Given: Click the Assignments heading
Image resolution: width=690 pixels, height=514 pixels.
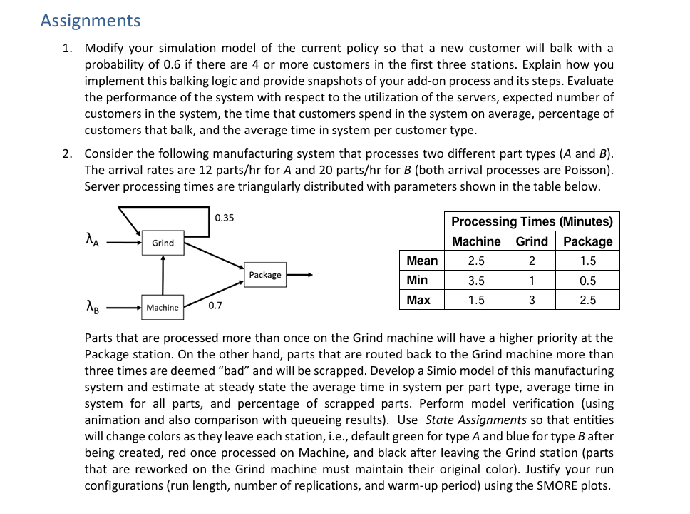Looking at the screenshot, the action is point(91,21).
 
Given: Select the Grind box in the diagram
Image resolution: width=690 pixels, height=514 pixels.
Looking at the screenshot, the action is point(163,243).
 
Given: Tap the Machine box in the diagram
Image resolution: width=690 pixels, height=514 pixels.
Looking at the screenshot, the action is point(163,308).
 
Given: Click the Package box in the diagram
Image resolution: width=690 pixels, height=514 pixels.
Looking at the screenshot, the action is point(265,275).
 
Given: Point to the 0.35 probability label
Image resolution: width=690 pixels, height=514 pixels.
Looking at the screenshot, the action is point(225,218).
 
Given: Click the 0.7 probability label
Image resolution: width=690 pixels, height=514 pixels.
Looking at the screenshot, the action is point(215,306).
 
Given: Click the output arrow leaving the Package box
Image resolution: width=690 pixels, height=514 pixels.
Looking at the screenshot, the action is point(299,275).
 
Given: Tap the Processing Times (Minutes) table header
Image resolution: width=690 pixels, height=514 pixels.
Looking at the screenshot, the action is point(532,221).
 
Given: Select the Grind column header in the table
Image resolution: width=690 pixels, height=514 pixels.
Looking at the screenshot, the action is point(532,241).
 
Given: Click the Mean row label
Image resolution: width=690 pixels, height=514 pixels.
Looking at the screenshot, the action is point(422,261).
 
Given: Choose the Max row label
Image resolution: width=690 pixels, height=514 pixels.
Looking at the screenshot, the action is point(418,300).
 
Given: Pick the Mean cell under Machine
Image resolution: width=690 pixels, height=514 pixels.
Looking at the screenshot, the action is point(476,261).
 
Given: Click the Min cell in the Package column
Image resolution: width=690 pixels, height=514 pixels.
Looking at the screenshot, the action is point(587,281).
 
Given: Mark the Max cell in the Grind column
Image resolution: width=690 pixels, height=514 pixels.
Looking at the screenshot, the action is point(532,301).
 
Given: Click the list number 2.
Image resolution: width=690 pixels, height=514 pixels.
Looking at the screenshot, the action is point(67,153).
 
